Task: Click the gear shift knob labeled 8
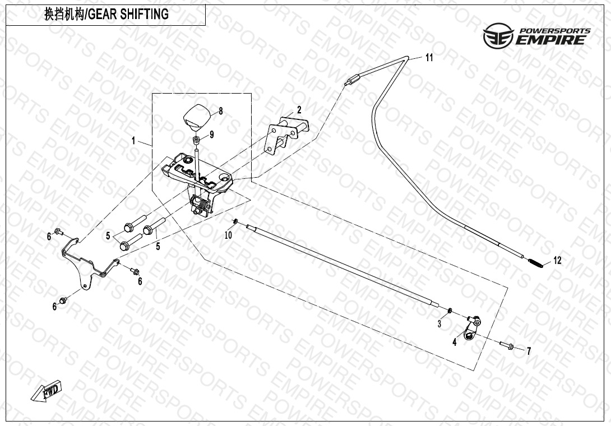195,115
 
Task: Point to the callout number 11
429,57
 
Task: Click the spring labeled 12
537,262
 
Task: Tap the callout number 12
557,261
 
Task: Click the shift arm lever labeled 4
472,328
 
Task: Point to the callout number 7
529,352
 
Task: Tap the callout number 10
228,235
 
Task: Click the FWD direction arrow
47,391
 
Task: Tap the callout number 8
221,111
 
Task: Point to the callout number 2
299,109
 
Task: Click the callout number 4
455,342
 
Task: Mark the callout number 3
439,323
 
